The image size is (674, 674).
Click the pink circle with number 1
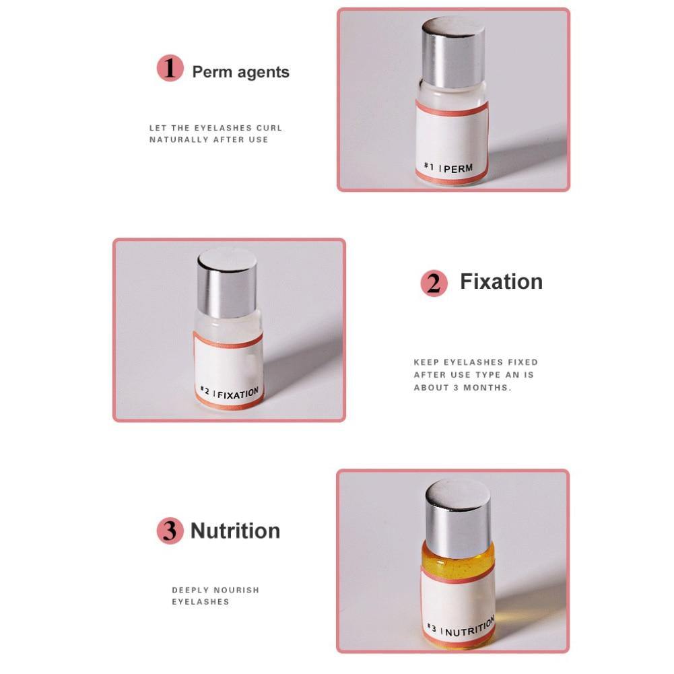tap(170, 68)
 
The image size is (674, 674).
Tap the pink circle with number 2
tap(434, 283)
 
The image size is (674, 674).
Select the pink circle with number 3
tap(170, 531)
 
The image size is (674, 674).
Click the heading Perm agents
tap(241, 72)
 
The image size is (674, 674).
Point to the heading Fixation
tap(501, 281)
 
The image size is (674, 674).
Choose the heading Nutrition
tap(235, 531)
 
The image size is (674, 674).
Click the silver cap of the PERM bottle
tap(453, 53)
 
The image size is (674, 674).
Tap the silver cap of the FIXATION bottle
tap(227, 282)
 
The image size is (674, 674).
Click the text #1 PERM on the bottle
tap(448, 168)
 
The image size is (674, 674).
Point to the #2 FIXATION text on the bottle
tap(230, 393)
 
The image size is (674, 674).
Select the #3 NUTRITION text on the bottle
tap(461, 627)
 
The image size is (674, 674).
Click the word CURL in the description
tap(269, 128)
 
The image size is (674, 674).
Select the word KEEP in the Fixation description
tap(426, 362)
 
